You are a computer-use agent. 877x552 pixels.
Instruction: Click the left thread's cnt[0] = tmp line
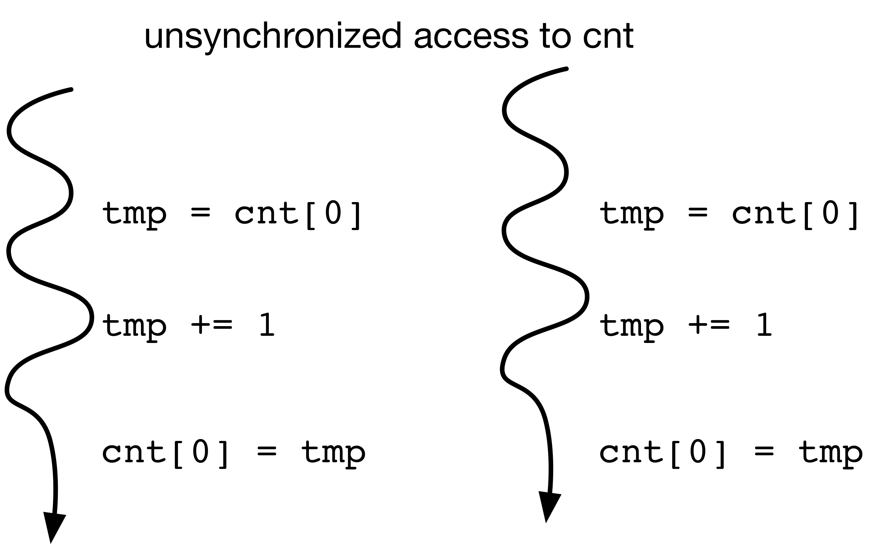pyautogui.click(x=234, y=454)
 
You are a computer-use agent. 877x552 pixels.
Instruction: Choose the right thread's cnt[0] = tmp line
pyautogui.click(x=731, y=454)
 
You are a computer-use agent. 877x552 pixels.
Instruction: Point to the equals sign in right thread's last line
pyautogui.click(x=764, y=451)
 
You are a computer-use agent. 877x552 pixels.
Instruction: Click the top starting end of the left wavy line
pyautogui.click(x=71, y=89)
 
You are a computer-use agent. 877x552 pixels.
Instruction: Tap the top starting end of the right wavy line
pyautogui.click(x=566, y=68)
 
